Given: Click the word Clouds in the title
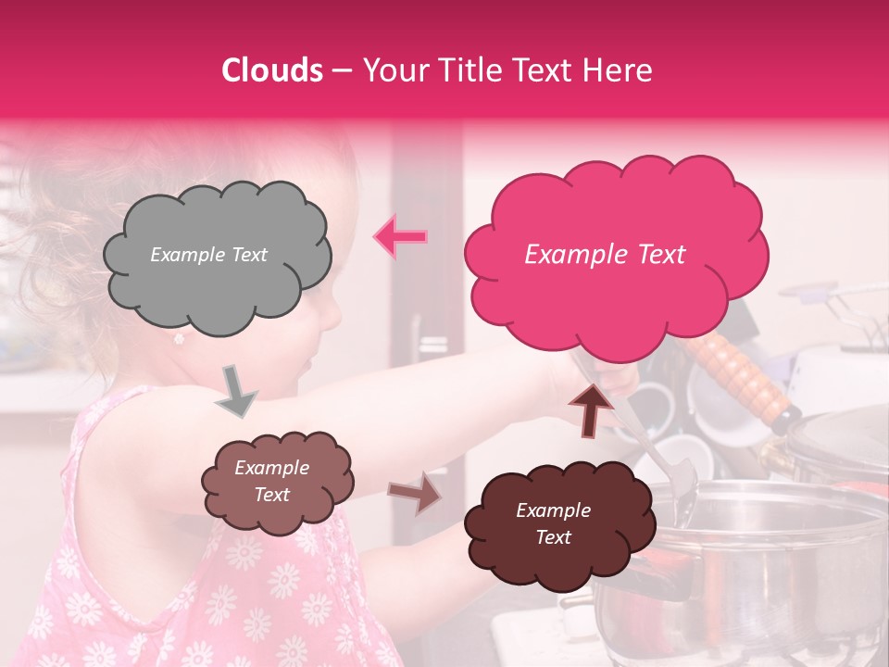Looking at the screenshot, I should point(272,71).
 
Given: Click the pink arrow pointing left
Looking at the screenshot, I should point(400,237).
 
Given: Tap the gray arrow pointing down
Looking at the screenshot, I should point(237,390).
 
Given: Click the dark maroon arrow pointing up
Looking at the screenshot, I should point(590,409).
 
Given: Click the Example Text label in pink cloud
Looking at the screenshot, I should point(605,255).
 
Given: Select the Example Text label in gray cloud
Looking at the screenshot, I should point(208,255).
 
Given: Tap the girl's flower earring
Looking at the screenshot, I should point(179,339).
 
